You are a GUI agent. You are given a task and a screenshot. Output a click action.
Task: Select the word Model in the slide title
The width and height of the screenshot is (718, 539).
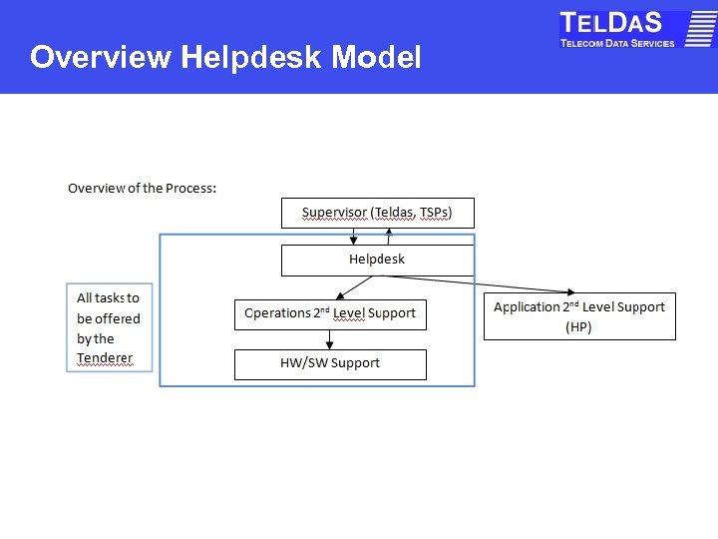tap(376, 58)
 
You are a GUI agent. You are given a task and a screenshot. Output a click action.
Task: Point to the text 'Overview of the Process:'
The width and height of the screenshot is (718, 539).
tap(142, 188)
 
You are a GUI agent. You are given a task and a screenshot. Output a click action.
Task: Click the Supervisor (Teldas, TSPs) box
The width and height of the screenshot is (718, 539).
tap(377, 213)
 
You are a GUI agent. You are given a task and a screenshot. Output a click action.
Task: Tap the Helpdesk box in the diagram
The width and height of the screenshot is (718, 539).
tap(377, 260)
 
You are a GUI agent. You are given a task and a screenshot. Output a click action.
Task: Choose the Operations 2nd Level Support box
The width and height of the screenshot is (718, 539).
tap(330, 313)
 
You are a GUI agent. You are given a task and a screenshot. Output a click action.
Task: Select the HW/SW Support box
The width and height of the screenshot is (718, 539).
tap(330, 364)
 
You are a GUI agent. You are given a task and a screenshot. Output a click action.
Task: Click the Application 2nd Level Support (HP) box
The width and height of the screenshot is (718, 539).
tap(579, 316)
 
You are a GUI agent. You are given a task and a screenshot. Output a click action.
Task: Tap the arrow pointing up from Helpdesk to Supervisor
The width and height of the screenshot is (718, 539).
tap(390, 237)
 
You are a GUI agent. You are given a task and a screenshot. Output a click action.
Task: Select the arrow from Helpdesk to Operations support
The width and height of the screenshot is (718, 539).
tap(354, 286)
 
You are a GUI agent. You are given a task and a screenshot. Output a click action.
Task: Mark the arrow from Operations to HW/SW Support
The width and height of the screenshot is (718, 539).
tap(330, 339)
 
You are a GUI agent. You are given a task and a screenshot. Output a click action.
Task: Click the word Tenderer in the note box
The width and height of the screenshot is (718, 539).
tap(105, 358)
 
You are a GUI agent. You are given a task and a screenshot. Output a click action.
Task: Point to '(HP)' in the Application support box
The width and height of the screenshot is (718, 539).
tap(578, 327)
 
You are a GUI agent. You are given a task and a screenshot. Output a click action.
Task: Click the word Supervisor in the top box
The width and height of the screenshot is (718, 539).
tap(333, 213)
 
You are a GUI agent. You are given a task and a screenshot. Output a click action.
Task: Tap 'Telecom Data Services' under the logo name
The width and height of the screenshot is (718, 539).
tap(617, 43)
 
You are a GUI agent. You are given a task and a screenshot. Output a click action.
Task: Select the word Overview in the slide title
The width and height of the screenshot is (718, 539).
tap(100, 58)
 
